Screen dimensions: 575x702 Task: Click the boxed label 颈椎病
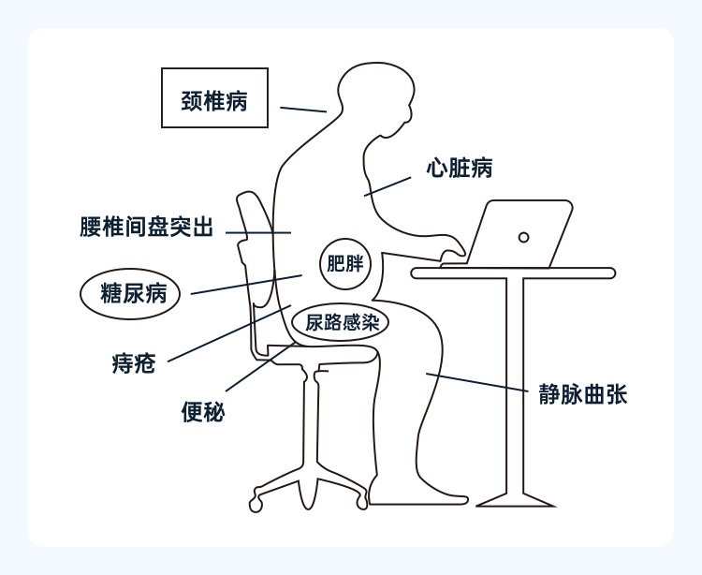[214, 97]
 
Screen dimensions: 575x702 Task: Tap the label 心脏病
[459, 169]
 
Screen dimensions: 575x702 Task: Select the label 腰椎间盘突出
[147, 228]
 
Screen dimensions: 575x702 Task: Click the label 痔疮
[133, 363]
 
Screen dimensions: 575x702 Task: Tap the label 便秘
[202, 411]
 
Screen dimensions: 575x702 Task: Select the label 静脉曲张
[581, 394]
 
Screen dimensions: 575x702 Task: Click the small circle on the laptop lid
[524, 237]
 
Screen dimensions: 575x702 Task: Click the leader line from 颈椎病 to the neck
[301, 110]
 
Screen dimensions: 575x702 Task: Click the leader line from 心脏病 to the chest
[388, 184]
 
